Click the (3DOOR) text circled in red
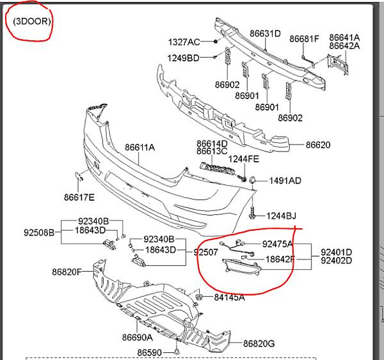pyautogui.click(x=32, y=21)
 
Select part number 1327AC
pyautogui.click(x=184, y=42)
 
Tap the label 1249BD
pyautogui.click(x=183, y=58)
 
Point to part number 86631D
pyautogui.click(x=265, y=33)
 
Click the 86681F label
pyautogui.click(x=304, y=38)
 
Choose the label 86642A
pyautogui.click(x=344, y=46)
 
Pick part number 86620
pyautogui.click(x=318, y=145)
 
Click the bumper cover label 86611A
pyautogui.click(x=140, y=147)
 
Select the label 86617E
pyautogui.click(x=79, y=197)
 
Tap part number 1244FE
pyautogui.click(x=243, y=159)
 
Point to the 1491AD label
pyautogui.click(x=285, y=180)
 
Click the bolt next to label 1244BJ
pyautogui.click(x=252, y=213)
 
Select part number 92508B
pyautogui.click(x=39, y=232)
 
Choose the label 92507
pyautogui.click(x=205, y=252)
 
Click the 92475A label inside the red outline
pyautogui.click(x=277, y=244)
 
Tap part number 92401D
pyautogui.click(x=336, y=252)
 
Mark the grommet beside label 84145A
pyautogui.click(x=199, y=297)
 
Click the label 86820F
pyautogui.click(x=67, y=272)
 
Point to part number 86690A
pyautogui.click(x=137, y=338)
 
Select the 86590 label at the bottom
pyautogui.click(x=149, y=353)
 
